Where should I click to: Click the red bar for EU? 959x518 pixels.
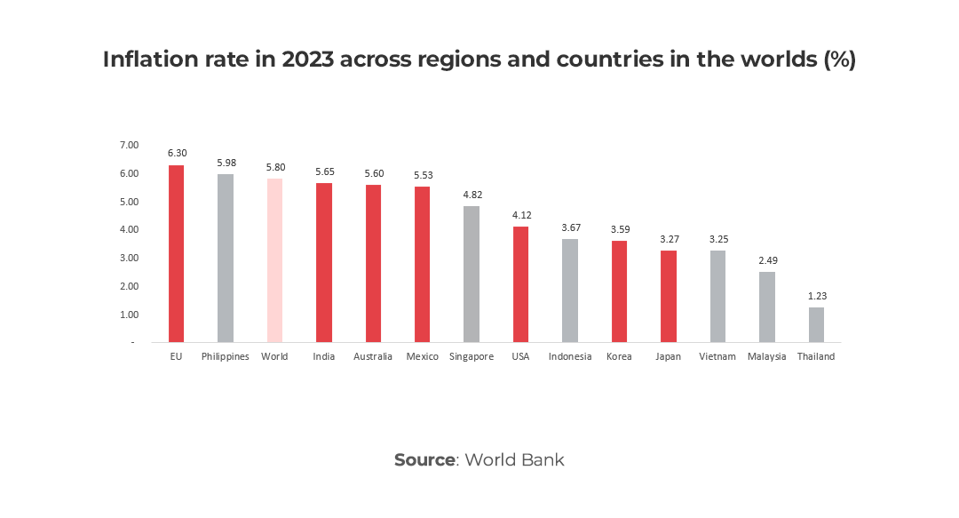pyautogui.click(x=176, y=253)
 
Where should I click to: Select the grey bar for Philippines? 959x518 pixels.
pyautogui.click(x=226, y=258)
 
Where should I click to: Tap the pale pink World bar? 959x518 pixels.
pyautogui.click(x=274, y=260)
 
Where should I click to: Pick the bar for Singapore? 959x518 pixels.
pyautogui.click(x=472, y=274)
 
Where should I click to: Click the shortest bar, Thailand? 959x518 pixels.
pyautogui.click(x=816, y=324)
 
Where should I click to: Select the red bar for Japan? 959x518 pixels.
pyautogui.click(x=669, y=296)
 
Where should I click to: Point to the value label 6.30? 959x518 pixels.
pyautogui.click(x=176, y=153)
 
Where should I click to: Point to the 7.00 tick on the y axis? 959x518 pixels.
pyautogui.click(x=129, y=145)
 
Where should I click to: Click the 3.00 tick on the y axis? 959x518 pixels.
pyautogui.click(x=129, y=258)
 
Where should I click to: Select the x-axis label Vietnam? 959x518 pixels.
pyautogui.click(x=717, y=356)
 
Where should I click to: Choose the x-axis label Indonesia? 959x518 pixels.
pyautogui.click(x=570, y=356)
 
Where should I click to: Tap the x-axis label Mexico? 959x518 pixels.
pyautogui.click(x=422, y=356)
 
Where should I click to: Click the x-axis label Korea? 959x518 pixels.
pyautogui.click(x=619, y=356)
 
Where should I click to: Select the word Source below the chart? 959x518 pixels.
pyautogui.click(x=424, y=459)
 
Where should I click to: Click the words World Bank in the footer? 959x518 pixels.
pyautogui.click(x=514, y=459)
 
